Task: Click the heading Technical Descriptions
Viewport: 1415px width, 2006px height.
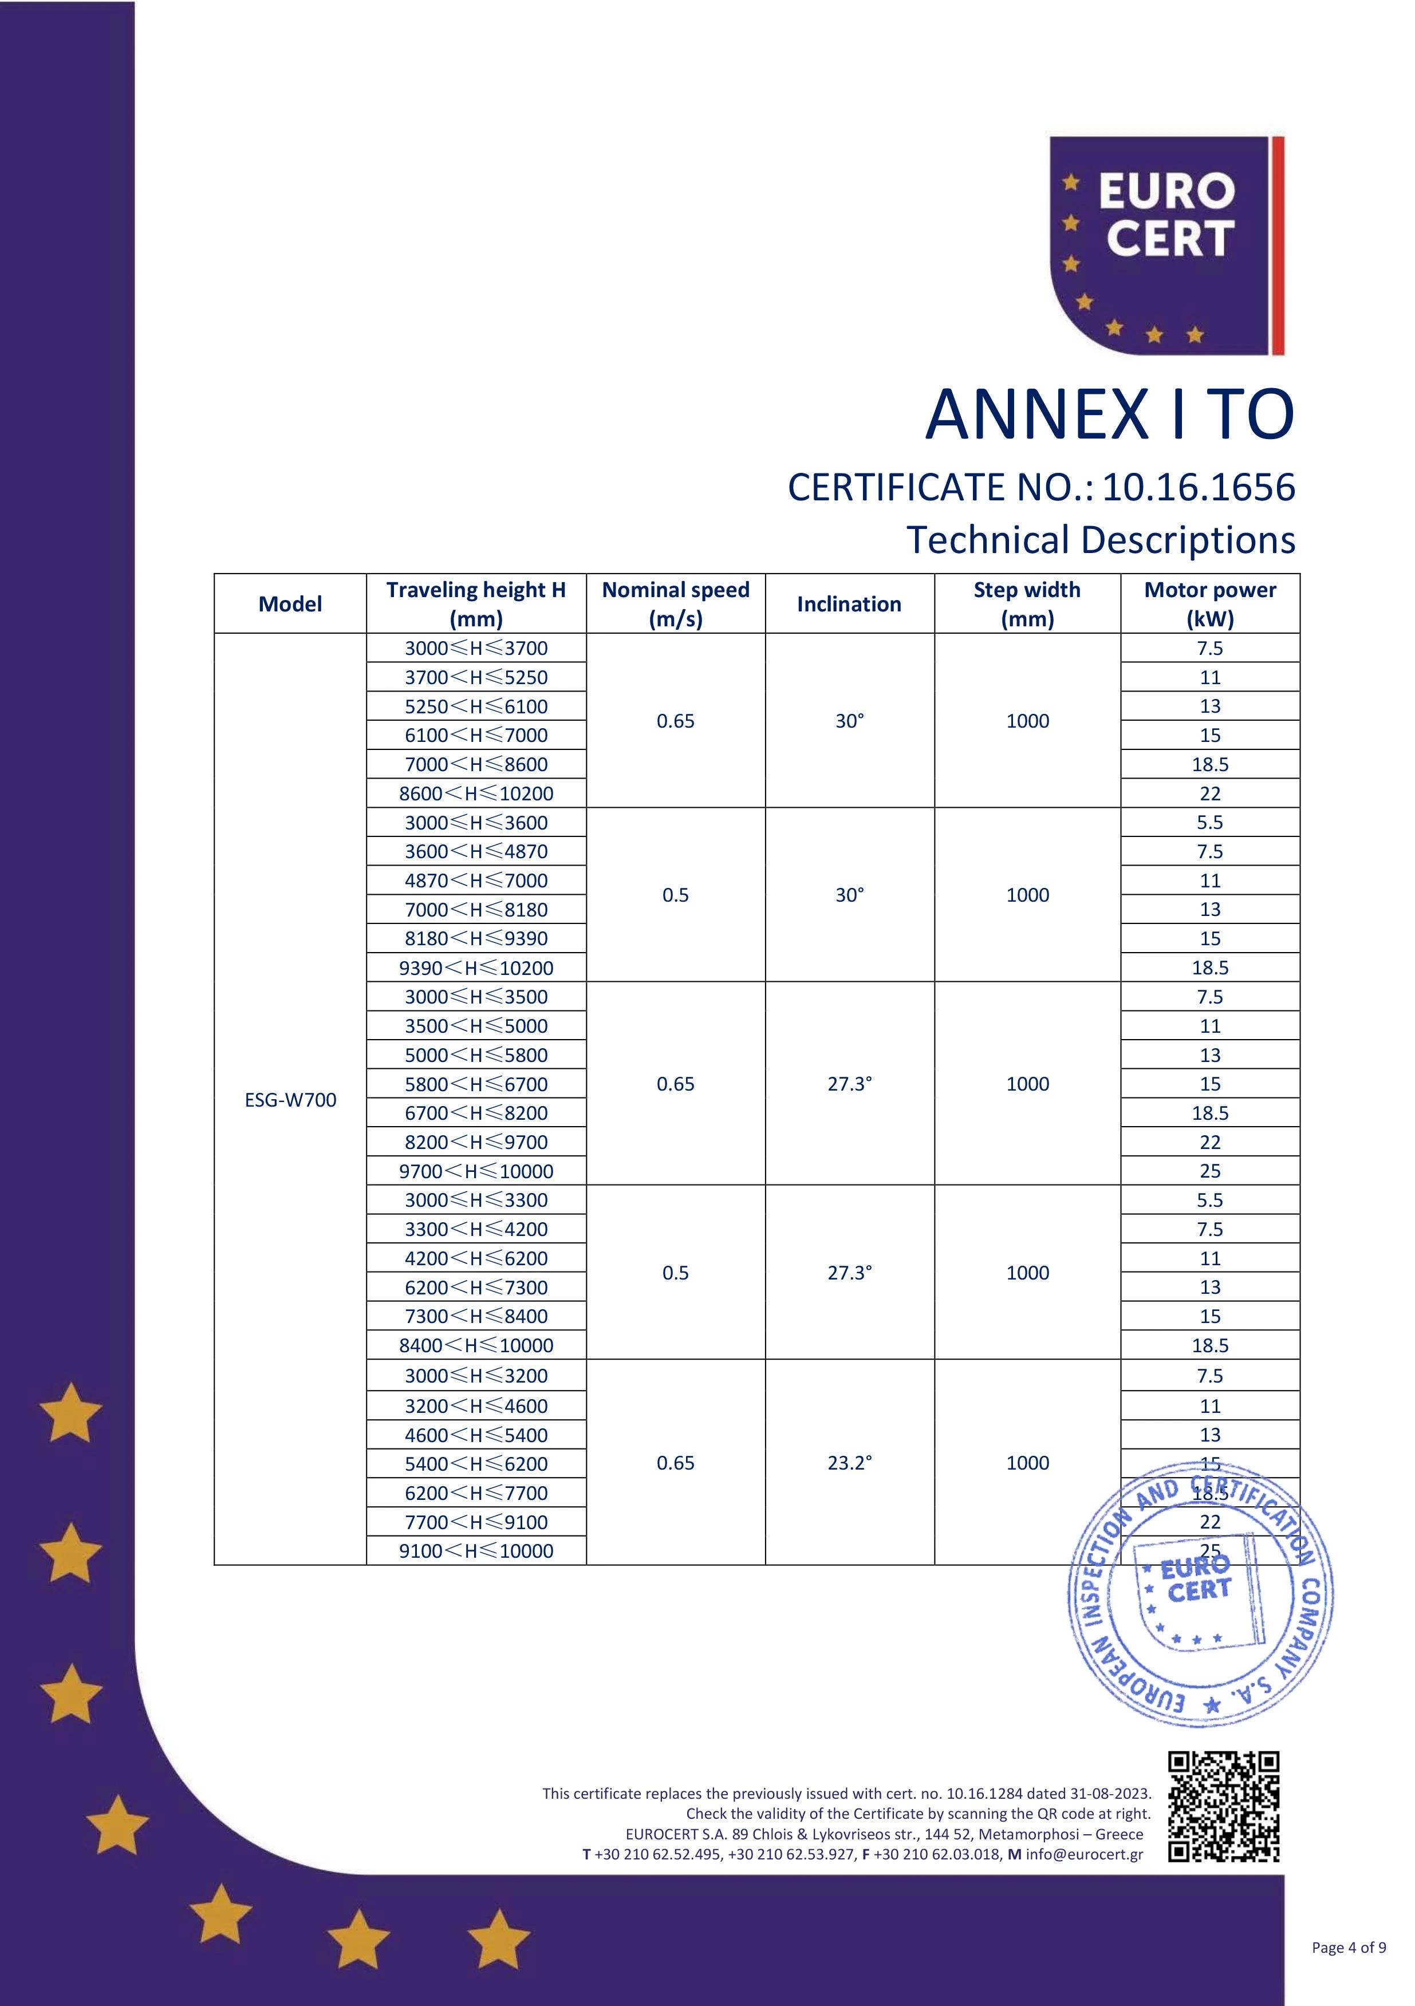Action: point(1101,540)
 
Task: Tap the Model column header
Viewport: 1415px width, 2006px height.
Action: point(290,604)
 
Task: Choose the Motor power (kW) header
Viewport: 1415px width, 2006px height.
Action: point(1209,604)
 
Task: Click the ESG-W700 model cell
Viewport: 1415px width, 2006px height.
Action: point(290,1100)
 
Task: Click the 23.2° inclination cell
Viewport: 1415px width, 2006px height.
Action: point(850,1463)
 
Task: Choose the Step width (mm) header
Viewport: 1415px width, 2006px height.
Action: point(1027,604)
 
